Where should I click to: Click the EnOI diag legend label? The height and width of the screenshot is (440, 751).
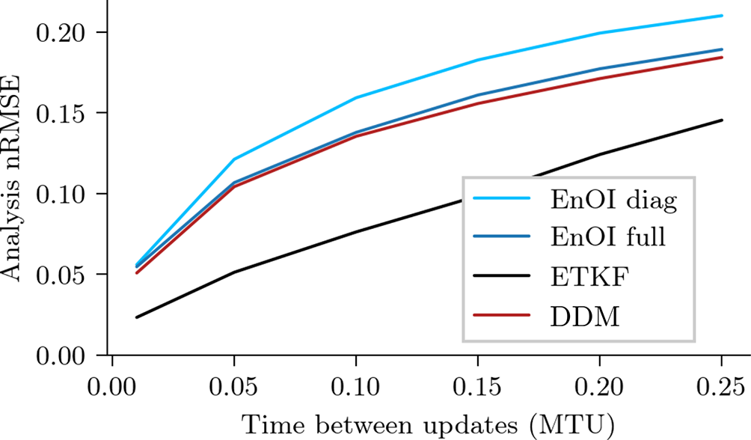613,200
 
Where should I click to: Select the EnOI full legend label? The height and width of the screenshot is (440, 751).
607,239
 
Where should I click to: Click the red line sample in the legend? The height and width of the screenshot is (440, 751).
503,319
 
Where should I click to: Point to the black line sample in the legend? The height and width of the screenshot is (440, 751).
503,279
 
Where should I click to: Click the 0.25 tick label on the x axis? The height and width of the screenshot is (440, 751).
721,387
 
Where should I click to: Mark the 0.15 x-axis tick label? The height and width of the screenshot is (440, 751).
477,387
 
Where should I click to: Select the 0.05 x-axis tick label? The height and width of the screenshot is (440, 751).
233,387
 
